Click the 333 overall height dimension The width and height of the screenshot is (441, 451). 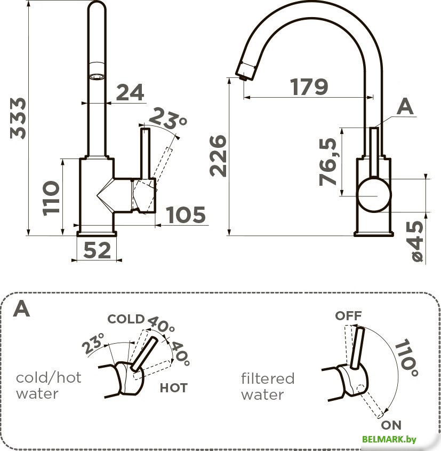tap(18, 118)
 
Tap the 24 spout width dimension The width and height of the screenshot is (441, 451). tap(130, 92)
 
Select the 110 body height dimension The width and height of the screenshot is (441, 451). tap(51, 198)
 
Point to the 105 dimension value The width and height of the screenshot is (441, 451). tap(186, 215)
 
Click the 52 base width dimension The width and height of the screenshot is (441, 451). tap(97, 250)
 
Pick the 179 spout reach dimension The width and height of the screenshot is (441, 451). tap(309, 86)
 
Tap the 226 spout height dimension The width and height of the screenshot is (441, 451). tap(218, 156)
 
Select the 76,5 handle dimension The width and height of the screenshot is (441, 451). tap(328, 162)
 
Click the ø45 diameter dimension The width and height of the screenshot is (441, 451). tap(417, 241)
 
